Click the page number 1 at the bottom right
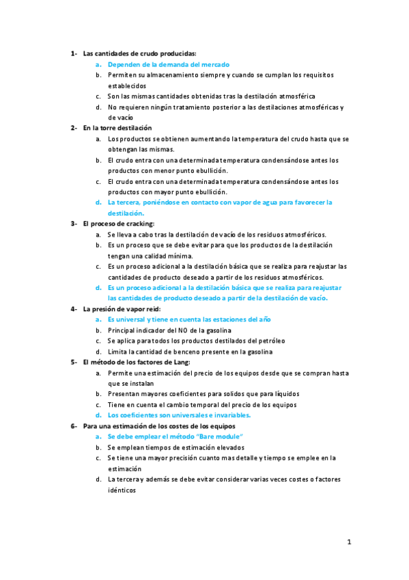point(349,542)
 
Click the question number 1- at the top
point(74,53)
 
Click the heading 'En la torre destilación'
point(117,128)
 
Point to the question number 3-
point(74,224)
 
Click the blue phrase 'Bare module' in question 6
point(223,436)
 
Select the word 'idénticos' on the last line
point(123,489)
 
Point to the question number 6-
point(74,425)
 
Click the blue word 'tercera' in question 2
point(128,202)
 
